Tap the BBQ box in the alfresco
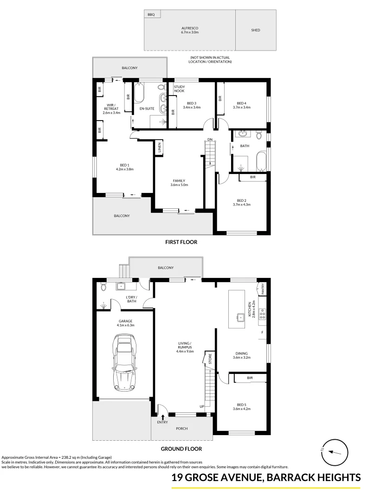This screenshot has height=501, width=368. point(152,15)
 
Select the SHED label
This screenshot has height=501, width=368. point(256,30)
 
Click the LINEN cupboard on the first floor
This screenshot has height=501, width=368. point(159,148)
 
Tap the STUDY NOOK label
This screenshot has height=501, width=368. point(180,89)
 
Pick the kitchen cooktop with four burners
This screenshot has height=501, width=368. point(262,315)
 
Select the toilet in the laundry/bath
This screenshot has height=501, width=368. point(103,288)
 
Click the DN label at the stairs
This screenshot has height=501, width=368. point(210,140)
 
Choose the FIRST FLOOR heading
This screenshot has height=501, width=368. point(181,242)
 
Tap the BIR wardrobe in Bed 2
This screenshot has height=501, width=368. point(252,177)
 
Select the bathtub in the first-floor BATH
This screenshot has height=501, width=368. point(260,161)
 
